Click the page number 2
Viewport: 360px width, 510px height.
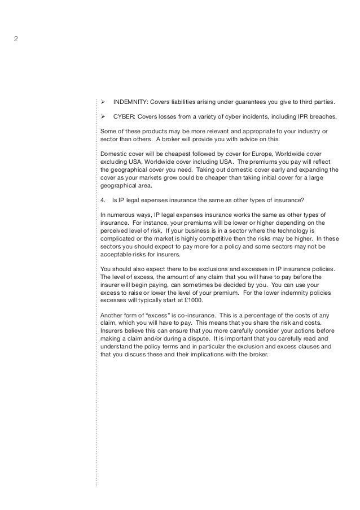click(16, 39)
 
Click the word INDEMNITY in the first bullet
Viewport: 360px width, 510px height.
click(130, 103)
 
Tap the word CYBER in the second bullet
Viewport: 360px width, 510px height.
click(125, 117)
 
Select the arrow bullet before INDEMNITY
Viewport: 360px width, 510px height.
click(103, 103)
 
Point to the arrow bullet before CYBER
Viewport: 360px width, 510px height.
click(103, 117)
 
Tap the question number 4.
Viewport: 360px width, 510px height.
click(102, 199)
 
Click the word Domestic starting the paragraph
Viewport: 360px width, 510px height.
click(113, 154)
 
